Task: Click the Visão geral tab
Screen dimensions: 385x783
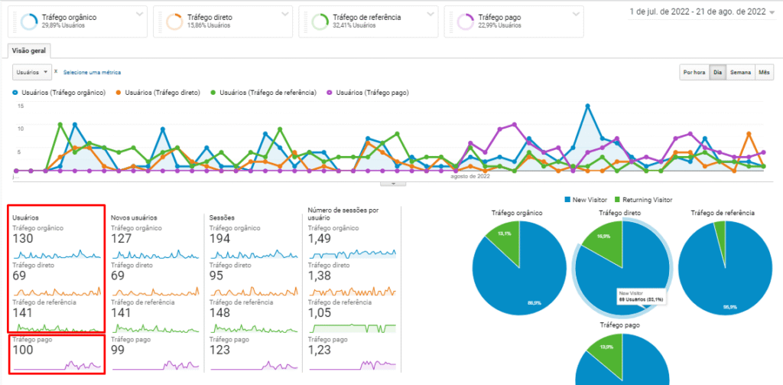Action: pos(30,51)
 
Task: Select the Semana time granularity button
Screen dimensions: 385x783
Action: pos(740,73)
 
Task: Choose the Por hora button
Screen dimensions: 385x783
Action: pos(694,73)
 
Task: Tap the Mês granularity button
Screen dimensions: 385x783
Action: pos(764,73)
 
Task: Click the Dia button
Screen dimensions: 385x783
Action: pos(717,73)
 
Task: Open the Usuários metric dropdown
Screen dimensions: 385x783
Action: pos(32,72)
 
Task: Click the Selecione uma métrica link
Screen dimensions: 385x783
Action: pos(92,73)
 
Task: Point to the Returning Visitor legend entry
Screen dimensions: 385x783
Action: pos(647,199)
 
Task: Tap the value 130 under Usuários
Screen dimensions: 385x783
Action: pos(24,239)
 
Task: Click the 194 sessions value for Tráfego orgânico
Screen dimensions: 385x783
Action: pos(220,239)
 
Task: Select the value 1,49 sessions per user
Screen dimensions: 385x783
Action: pos(320,239)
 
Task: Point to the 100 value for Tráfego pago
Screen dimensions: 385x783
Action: pos(24,350)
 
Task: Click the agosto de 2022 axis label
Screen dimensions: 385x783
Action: pos(469,176)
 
